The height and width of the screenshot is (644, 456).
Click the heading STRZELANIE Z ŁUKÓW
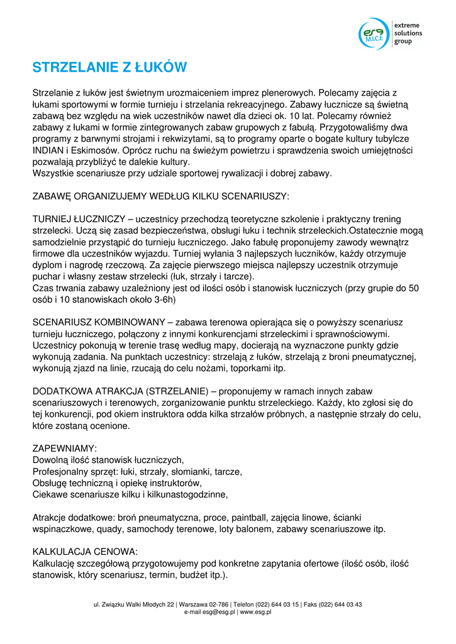click(110, 67)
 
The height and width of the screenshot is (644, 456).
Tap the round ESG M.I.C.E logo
click(374, 33)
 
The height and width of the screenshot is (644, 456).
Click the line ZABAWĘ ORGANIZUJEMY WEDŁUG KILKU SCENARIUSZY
click(161, 196)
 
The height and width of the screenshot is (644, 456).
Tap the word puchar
click(47, 276)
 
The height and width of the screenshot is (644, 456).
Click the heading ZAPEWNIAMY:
click(65, 448)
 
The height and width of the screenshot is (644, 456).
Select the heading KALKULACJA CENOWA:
click(85, 552)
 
